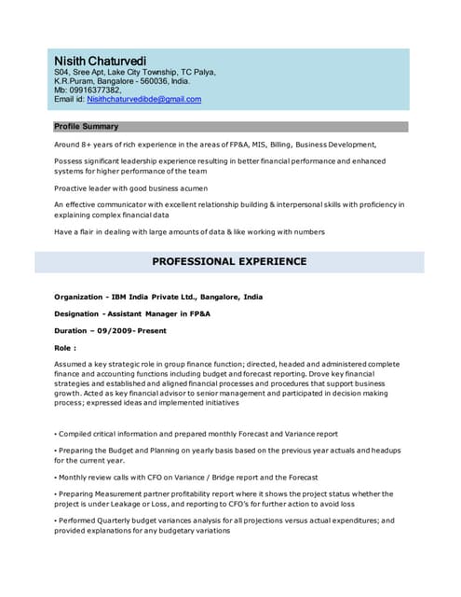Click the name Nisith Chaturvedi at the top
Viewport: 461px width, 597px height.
pos(100,60)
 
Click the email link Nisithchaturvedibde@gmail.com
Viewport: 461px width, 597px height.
pos(144,99)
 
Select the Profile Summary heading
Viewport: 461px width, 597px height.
pos(87,127)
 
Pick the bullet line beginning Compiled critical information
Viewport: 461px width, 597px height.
pos(196,434)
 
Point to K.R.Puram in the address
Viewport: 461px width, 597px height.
pos(75,81)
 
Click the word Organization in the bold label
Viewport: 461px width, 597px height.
pos(77,297)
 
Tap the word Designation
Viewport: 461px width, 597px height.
pos(76,314)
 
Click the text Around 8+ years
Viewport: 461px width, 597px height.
pos(86,145)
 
